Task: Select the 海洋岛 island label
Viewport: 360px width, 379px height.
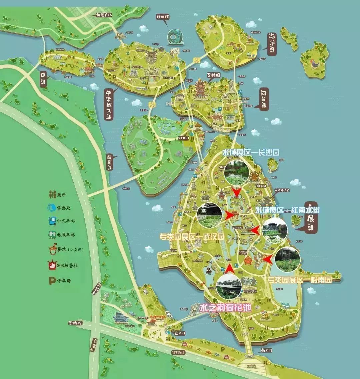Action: tap(273, 43)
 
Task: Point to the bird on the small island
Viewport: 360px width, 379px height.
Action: tap(314, 63)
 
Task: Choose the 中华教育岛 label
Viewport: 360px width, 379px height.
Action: tap(109, 104)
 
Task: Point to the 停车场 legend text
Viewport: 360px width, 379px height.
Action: tap(64, 281)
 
